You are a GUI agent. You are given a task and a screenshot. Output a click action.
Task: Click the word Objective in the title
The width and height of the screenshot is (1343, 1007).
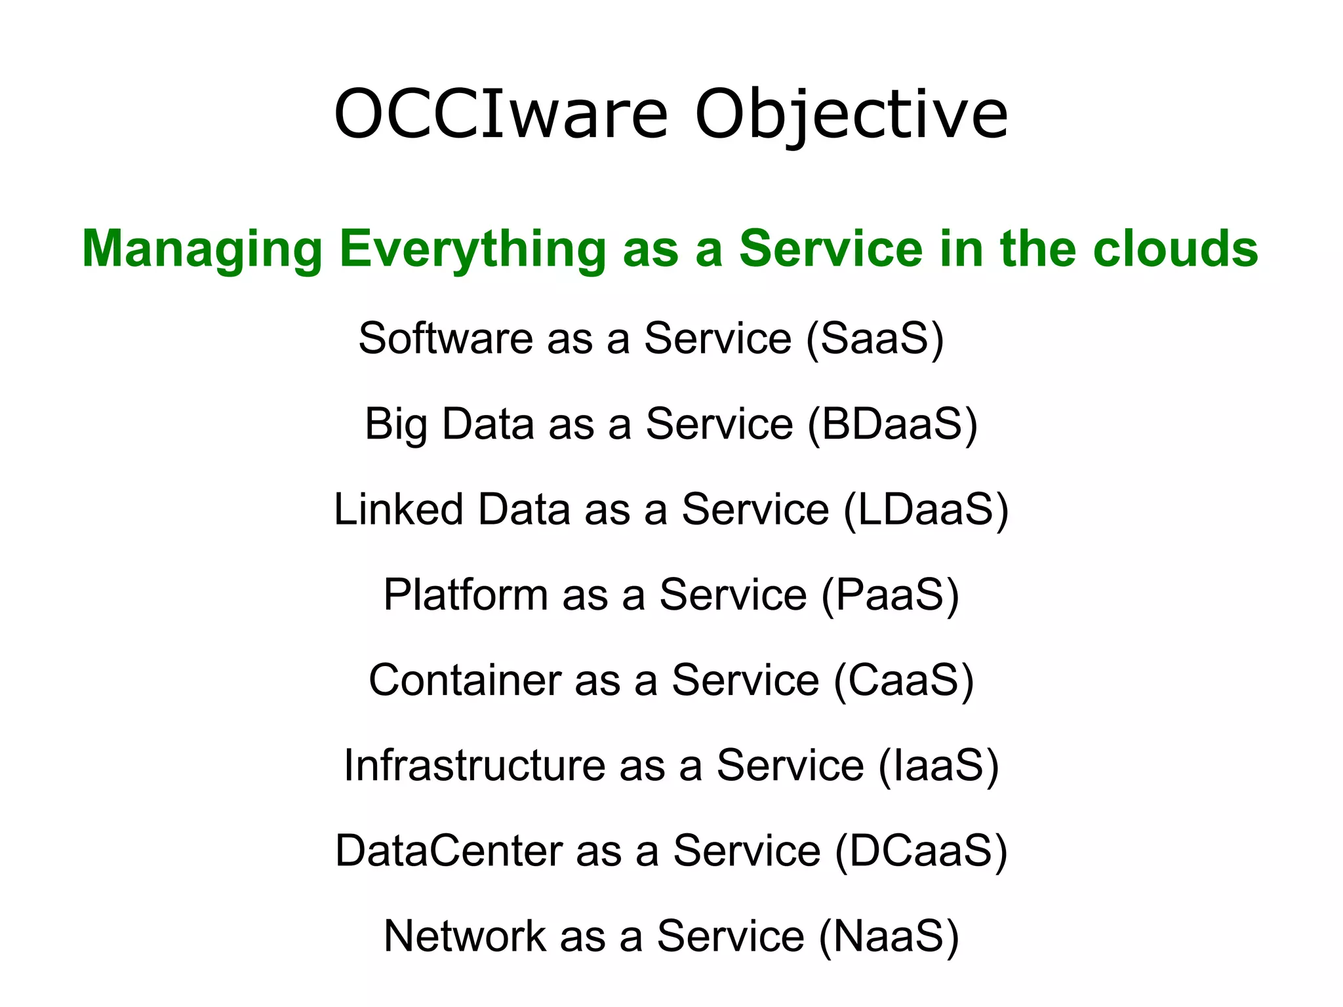pyautogui.click(x=851, y=115)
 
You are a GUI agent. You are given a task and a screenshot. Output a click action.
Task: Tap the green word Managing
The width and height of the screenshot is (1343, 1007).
pyautogui.click(x=202, y=250)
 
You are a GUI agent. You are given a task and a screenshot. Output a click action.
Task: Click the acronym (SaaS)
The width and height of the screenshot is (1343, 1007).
pyautogui.click(x=874, y=338)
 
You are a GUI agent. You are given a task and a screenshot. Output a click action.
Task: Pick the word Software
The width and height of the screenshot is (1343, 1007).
pyautogui.click(x=445, y=338)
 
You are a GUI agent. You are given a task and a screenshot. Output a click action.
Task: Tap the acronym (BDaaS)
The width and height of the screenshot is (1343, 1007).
pyautogui.click(x=892, y=424)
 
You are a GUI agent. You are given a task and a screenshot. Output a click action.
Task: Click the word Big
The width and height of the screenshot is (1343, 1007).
pyautogui.click(x=396, y=425)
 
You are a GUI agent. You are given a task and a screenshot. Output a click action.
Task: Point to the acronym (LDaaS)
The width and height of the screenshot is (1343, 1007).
pyautogui.click(x=926, y=509)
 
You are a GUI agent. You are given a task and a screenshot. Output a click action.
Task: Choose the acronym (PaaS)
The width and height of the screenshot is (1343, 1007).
pyautogui.click(x=890, y=595)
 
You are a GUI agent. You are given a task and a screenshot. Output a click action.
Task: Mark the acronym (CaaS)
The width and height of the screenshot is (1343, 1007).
pyautogui.click(x=904, y=680)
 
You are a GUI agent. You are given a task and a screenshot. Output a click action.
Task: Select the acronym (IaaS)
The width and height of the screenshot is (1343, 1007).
pyautogui.click(x=938, y=765)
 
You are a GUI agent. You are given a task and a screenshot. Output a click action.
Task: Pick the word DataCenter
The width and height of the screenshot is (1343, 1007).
pyautogui.click(x=449, y=850)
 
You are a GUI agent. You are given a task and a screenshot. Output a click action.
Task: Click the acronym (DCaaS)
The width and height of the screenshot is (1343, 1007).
pyautogui.click(x=921, y=850)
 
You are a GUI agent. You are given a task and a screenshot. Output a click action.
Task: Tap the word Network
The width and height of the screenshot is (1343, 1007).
pyautogui.click(x=465, y=936)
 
